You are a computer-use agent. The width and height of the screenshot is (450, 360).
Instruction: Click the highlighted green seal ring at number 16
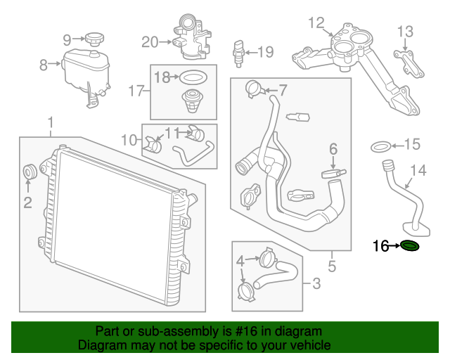click(409, 246)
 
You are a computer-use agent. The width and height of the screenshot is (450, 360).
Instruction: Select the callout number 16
click(380, 246)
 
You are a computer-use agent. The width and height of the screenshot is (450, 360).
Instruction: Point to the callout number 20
click(150, 42)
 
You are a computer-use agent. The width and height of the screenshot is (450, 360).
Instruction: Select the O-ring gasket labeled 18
click(194, 77)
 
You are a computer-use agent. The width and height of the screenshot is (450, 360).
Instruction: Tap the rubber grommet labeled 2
click(30, 172)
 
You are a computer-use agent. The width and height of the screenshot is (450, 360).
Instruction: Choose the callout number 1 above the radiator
click(50, 124)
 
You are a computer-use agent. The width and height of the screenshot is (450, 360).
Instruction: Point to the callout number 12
click(316, 22)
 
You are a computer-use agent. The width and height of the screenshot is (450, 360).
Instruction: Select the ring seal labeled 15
click(380, 146)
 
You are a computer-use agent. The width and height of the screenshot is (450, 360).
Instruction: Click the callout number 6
click(333, 148)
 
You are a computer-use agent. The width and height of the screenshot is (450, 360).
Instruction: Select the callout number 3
click(316, 284)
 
